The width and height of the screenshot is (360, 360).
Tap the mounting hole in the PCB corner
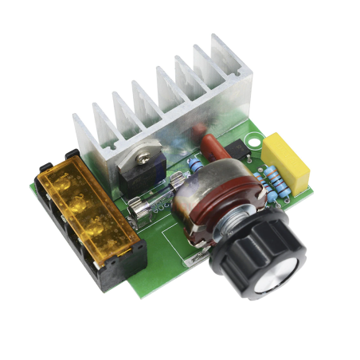(253, 143)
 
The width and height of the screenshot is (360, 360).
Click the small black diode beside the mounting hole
(237, 151)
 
